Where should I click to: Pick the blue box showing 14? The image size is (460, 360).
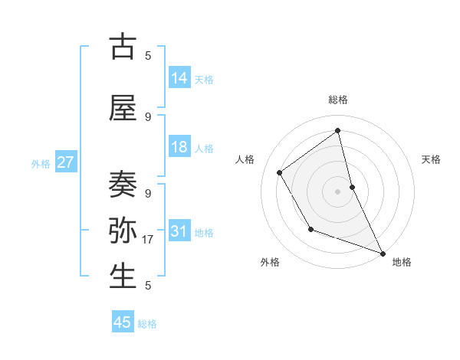[179, 77]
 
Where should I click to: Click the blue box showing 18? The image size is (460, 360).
[179, 147]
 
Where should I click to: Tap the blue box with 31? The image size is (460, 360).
[179, 231]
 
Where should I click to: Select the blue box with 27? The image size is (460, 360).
[66, 162]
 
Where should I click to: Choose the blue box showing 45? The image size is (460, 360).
[123, 322]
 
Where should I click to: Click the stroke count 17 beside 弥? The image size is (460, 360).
[149, 240]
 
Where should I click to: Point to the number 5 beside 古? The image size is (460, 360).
[148, 55]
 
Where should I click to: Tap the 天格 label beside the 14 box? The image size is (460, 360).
[204, 79]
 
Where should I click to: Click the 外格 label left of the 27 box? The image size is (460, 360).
[41, 163]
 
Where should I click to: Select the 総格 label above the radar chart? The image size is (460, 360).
[338, 100]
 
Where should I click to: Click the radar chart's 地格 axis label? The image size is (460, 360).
[402, 262]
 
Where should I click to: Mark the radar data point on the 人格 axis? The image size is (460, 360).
[280, 173]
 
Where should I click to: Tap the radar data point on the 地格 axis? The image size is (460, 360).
[383, 254]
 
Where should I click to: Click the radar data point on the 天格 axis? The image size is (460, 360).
[352, 186]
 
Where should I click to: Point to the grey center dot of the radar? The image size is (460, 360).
[337, 191]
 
